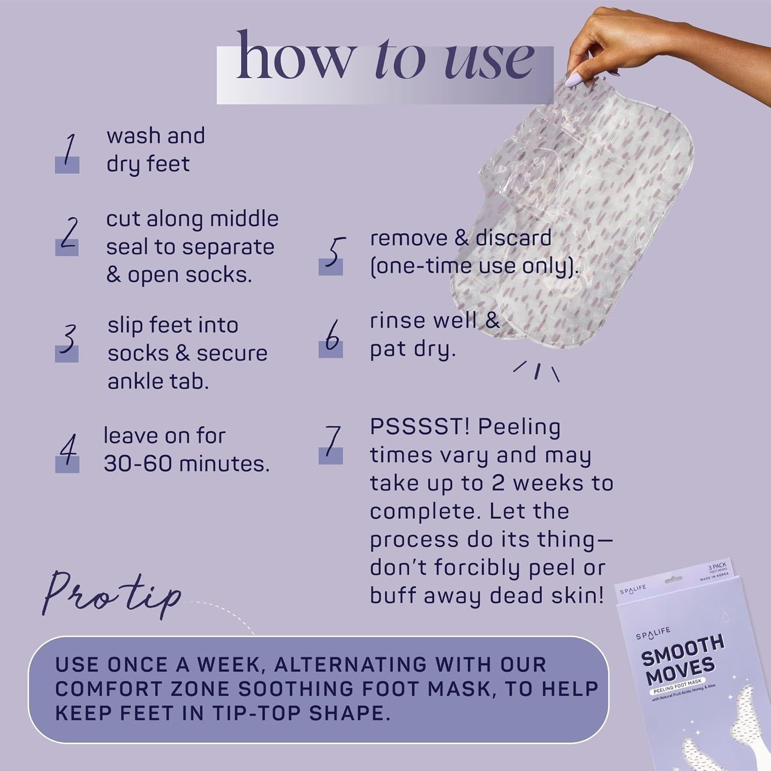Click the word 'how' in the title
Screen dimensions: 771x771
[295, 57]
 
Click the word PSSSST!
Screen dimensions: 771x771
[418, 427]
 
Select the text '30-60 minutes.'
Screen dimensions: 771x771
[186, 464]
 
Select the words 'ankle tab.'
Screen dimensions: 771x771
[158, 381]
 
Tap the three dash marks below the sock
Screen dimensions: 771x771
[537, 371]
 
